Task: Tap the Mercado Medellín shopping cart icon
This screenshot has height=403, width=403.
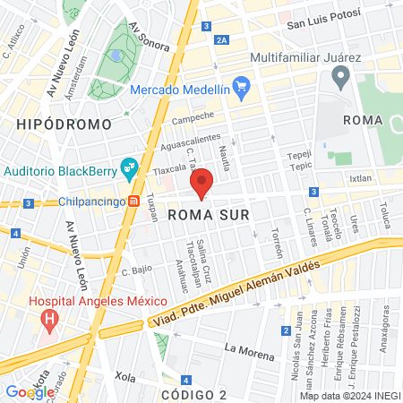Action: tap(241, 87)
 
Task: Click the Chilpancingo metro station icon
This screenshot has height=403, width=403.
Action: tap(133, 201)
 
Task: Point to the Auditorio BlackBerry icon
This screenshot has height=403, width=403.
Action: tap(130, 167)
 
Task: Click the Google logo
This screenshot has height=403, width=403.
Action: tap(30, 391)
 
